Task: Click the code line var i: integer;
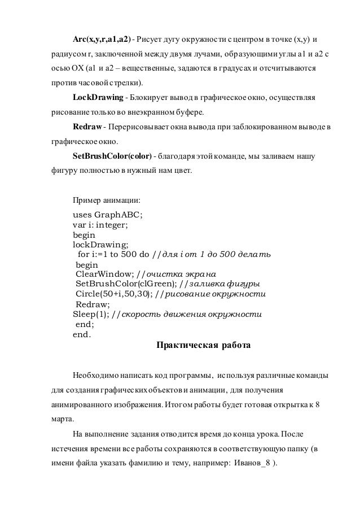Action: pos(100,225)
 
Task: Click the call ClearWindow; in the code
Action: pos(105,274)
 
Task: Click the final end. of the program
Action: pos(81,334)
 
